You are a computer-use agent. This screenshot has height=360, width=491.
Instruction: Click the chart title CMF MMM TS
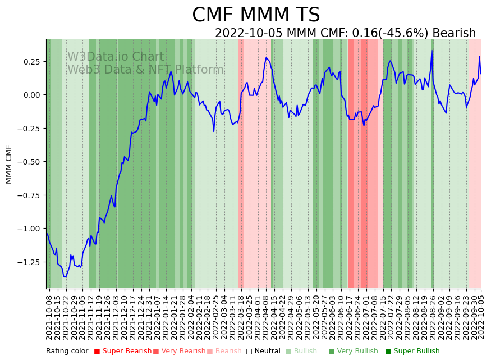(256, 15)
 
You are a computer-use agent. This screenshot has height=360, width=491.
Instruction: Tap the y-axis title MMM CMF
(9, 164)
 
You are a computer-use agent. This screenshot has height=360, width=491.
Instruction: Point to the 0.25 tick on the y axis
(33, 61)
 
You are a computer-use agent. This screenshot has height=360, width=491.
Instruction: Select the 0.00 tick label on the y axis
(33, 95)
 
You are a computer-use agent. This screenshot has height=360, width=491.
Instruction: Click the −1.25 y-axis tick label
(30, 262)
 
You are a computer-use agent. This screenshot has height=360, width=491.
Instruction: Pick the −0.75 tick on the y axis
(30, 195)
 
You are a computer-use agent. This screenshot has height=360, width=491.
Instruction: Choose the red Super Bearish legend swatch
(97, 352)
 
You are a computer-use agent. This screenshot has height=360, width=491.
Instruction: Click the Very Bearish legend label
(183, 352)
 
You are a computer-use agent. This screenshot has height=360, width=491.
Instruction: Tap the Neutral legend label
(267, 352)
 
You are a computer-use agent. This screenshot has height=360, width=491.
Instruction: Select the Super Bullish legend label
(416, 352)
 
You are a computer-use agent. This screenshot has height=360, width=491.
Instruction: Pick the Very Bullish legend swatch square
(331, 352)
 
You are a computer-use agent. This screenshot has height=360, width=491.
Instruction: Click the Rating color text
(67, 352)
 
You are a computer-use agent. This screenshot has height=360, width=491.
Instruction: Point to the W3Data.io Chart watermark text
(116, 57)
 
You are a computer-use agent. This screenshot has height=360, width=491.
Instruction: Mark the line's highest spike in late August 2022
(432, 51)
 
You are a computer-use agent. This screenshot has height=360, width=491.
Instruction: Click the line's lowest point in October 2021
(65, 277)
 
